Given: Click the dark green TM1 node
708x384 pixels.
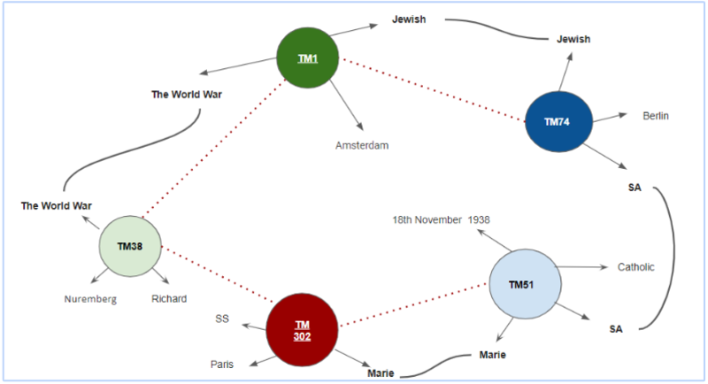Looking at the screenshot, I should pyautogui.click(x=307, y=58).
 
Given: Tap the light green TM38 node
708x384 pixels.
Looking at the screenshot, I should pyautogui.click(x=129, y=248).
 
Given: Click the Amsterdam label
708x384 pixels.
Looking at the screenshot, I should pyautogui.click(x=361, y=144).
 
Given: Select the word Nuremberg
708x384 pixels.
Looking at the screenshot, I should pyautogui.click(x=90, y=299).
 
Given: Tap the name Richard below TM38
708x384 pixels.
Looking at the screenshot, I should pyautogui.click(x=169, y=299).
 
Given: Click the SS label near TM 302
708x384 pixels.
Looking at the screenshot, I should pyautogui.click(x=223, y=319).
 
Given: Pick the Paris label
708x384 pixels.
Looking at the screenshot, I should pyautogui.click(x=222, y=365).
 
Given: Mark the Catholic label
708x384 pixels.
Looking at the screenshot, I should pyautogui.click(x=635, y=267).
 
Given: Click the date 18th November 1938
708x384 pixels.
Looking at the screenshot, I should pyautogui.click(x=442, y=219).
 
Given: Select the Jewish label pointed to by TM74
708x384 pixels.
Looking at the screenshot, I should pyautogui.click(x=573, y=39).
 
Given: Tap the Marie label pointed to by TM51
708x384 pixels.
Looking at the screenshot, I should pyautogui.click(x=492, y=355).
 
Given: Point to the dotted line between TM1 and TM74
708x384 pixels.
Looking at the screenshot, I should pyautogui.click(x=434, y=89).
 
